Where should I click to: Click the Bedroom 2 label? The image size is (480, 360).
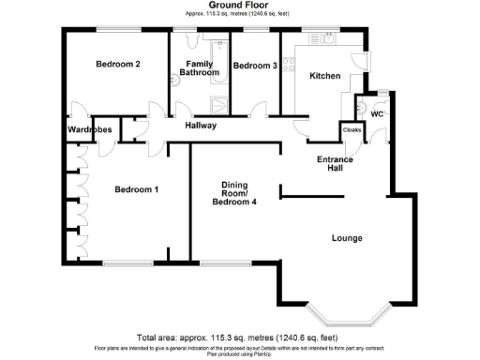[118, 65]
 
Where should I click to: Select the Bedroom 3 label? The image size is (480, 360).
[255, 66]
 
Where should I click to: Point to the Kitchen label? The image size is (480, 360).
[324, 75]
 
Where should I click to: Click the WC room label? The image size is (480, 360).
[378, 114]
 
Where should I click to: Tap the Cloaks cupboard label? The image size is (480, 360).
[352, 130]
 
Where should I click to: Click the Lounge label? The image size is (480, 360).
[347, 237]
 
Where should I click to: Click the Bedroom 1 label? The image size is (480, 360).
[136, 190]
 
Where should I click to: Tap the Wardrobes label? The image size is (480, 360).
[89, 129]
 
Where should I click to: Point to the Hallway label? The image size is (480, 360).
[201, 125]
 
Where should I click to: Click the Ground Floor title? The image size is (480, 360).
[240, 6]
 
